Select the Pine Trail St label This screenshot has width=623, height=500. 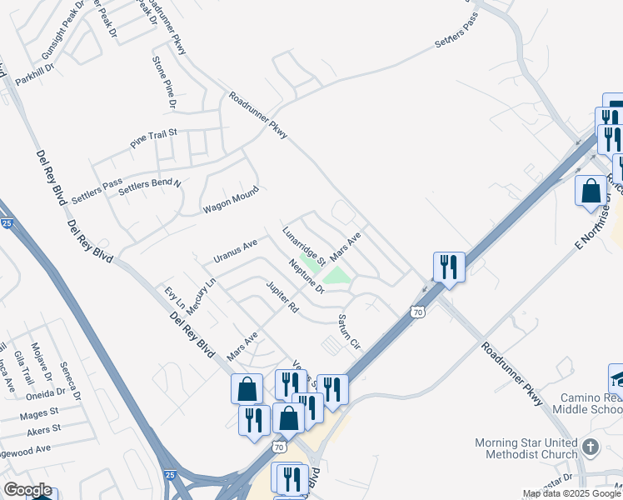click(x=154, y=138)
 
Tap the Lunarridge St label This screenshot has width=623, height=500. click(x=303, y=247)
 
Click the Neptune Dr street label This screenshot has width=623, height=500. click(x=307, y=277)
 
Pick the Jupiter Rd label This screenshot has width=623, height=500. click(x=282, y=297)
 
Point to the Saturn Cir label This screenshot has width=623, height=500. click(x=348, y=332)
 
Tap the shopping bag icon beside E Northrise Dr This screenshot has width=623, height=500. click(x=591, y=191)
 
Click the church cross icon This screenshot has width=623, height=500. click(x=591, y=447)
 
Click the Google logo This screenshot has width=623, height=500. click(x=27, y=490)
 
